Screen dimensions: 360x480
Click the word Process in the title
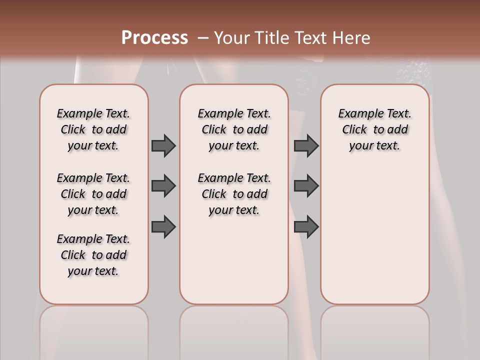(154, 38)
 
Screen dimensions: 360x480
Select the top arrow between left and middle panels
(163, 145)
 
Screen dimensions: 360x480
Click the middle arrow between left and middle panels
(163, 186)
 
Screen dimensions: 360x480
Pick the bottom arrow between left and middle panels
(163, 226)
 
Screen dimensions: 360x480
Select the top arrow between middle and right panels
(306, 145)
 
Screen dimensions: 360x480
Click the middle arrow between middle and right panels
(306, 186)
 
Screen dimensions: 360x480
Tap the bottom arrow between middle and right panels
(306, 226)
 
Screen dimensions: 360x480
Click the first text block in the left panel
(93, 129)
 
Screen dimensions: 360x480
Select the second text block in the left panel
(93, 194)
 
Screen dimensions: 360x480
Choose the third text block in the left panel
(93, 255)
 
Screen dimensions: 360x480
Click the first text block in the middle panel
(234, 129)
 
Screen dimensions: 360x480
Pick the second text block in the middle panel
(234, 194)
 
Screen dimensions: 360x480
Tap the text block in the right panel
(374, 129)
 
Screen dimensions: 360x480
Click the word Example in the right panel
(356, 113)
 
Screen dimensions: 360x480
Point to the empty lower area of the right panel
(374, 235)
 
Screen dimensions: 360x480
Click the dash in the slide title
(203, 38)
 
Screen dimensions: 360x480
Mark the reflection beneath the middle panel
(234, 325)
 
